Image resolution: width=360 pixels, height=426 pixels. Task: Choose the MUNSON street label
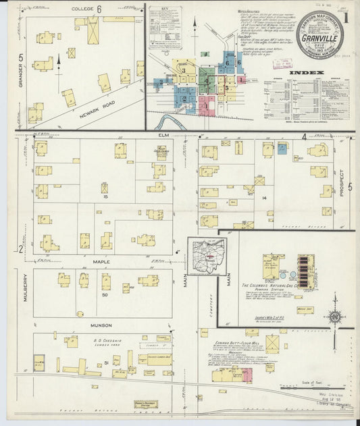coord(101,325)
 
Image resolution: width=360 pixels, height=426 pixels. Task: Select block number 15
coord(105,197)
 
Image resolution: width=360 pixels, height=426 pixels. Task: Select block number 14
coord(265,198)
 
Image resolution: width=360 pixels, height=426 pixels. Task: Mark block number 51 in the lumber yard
coord(105,363)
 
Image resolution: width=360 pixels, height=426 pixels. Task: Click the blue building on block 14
coord(282,149)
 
